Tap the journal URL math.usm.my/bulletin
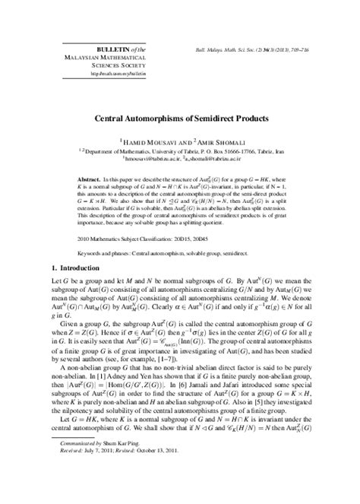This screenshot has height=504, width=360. coord(115,74)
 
